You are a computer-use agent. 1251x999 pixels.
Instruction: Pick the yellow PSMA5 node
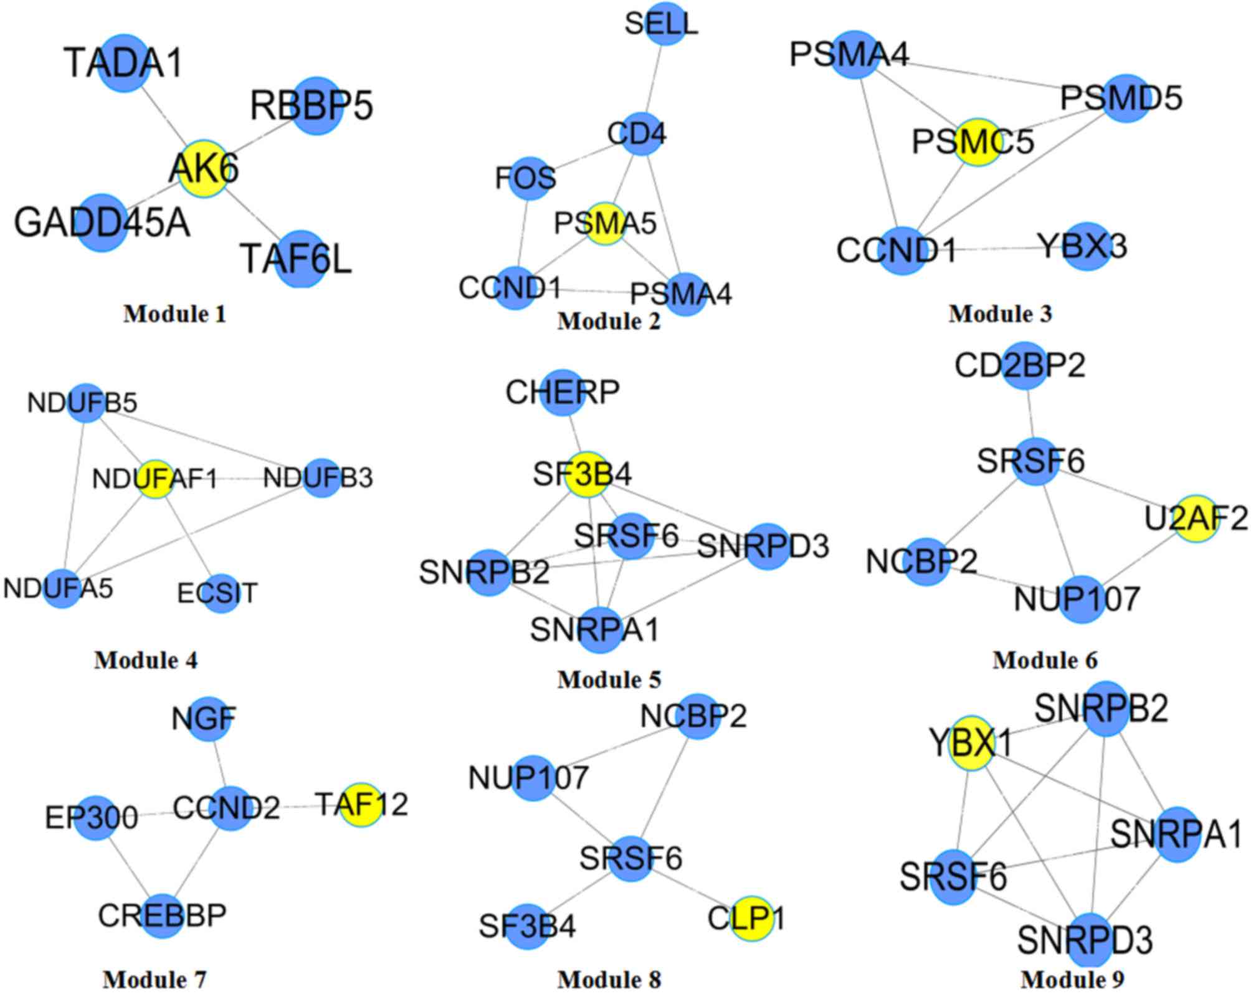[x=605, y=223]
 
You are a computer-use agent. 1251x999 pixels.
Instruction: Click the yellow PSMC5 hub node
[x=977, y=141]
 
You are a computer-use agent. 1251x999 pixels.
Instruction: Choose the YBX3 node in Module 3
[x=1086, y=247]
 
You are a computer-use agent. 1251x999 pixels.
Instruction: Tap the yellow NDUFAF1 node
[x=155, y=479]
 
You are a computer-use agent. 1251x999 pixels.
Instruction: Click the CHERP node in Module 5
[x=563, y=392]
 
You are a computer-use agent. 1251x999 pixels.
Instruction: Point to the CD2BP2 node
[x=1024, y=365]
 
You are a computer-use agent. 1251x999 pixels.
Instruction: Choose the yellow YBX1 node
[x=971, y=743]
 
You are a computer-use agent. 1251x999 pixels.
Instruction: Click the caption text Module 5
[x=609, y=679]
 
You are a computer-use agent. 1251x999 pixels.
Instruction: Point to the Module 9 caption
[x=1072, y=979]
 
